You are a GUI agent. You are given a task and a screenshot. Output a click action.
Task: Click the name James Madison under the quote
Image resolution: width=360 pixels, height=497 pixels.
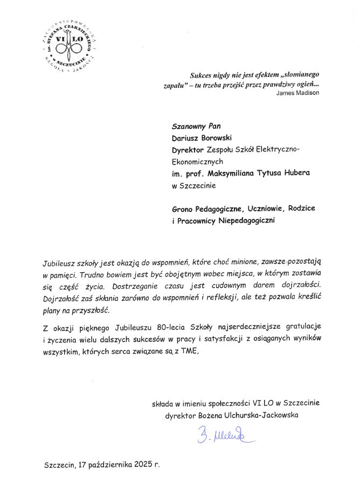[297, 93]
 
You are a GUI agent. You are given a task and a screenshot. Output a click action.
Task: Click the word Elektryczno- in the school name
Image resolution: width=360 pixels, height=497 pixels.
[280, 148]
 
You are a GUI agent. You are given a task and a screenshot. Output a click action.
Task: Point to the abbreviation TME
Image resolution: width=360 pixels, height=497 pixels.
[191, 351]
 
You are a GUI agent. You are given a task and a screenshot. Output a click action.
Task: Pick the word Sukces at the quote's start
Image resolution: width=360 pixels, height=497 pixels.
[202, 75]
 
